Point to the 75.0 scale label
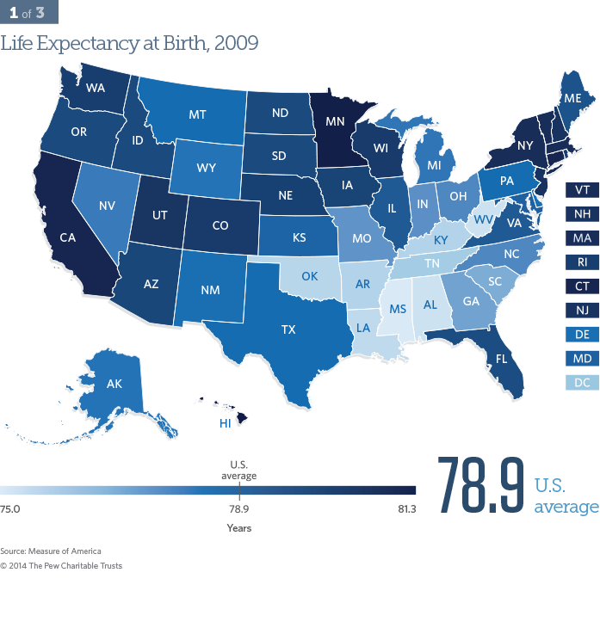pos(10,510)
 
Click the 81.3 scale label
pos(406,510)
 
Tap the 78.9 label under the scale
pos(238,510)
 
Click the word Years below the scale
pos(238,527)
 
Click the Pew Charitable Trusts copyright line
pos(61,565)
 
